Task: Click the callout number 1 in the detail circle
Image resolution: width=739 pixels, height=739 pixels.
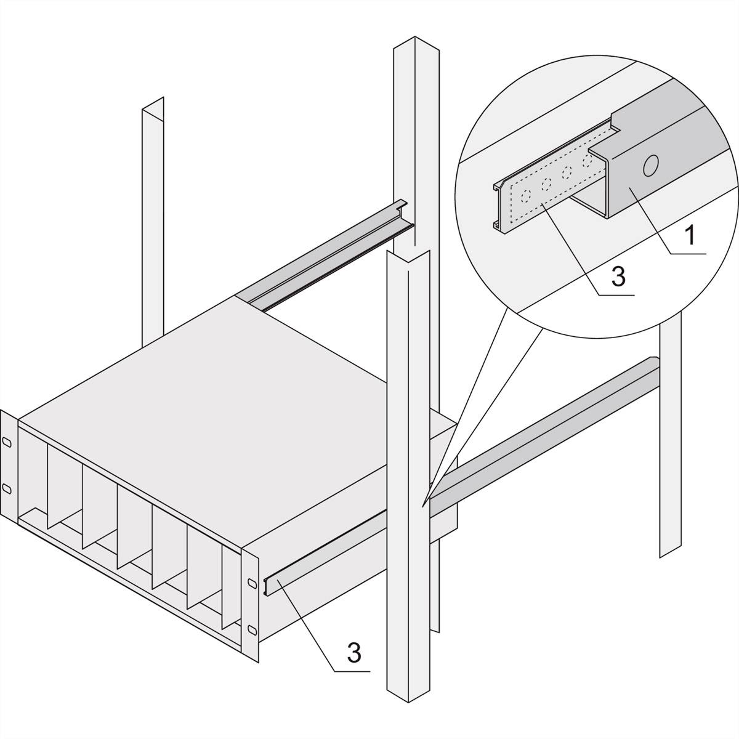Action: click(x=690, y=235)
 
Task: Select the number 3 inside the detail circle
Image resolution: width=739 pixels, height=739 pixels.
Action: click(x=618, y=277)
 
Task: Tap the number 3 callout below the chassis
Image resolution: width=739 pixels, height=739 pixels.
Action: click(x=353, y=652)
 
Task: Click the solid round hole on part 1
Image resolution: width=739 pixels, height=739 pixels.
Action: click(x=650, y=165)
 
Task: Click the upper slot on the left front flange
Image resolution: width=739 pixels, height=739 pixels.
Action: click(x=7, y=442)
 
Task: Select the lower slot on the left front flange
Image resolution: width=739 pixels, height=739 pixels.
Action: click(x=7, y=488)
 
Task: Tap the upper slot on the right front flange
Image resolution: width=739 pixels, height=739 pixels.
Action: click(x=251, y=582)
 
